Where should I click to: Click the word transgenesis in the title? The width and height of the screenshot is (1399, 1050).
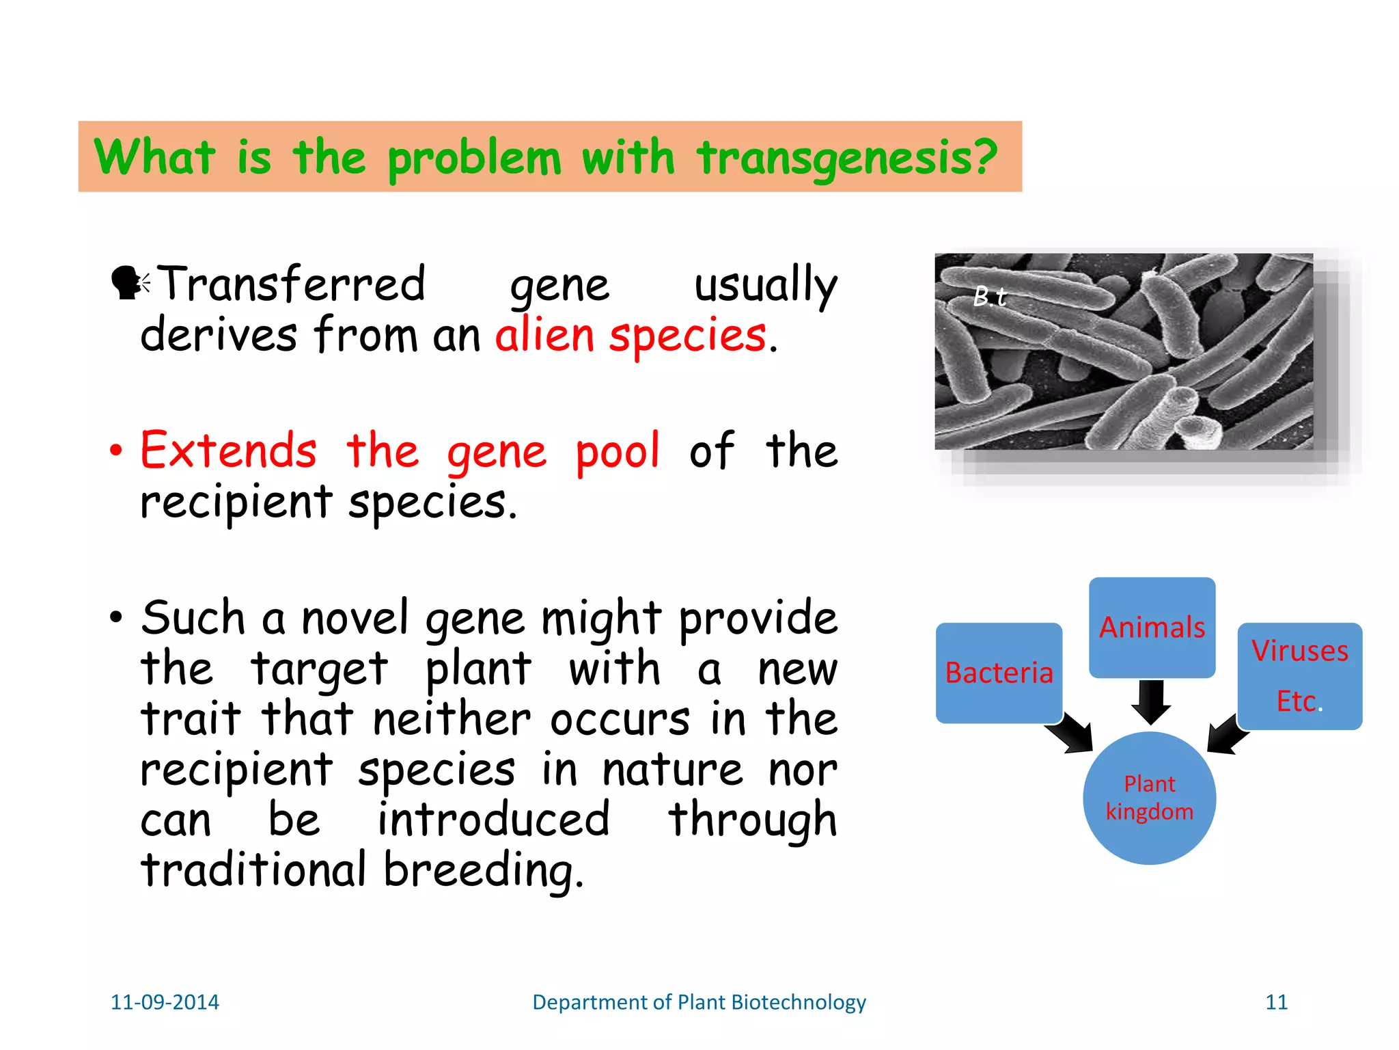pyautogui.click(x=847, y=158)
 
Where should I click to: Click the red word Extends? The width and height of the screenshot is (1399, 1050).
pyautogui.click(x=229, y=450)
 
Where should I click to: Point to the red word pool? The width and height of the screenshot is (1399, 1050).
pyautogui.click(x=618, y=452)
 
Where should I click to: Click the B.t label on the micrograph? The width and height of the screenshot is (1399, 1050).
pyautogui.click(x=989, y=297)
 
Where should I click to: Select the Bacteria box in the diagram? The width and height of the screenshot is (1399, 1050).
pyautogui.click(x=999, y=673)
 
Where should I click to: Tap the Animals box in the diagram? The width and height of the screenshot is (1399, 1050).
pyautogui.click(x=1152, y=628)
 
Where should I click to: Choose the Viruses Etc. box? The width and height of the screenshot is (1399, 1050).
pyautogui.click(x=1299, y=675)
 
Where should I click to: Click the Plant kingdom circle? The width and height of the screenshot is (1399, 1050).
pyautogui.click(x=1149, y=798)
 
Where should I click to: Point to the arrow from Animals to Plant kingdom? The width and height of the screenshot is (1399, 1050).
pyautogui.click(x=1152, y=702)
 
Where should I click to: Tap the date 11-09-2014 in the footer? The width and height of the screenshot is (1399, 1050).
pyautogui.click(x=165, y=1002)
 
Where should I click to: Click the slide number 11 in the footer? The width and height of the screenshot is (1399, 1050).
pyautogui.click(x=1276, y=1002)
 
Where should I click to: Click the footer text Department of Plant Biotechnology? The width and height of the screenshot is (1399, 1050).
pyautogui.click(x=699, y=1002)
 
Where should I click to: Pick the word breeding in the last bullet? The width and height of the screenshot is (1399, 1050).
pyautogui.click(x=484, y=871)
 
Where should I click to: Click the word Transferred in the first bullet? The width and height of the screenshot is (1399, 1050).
pyautogui.click(x=292, y=284)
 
